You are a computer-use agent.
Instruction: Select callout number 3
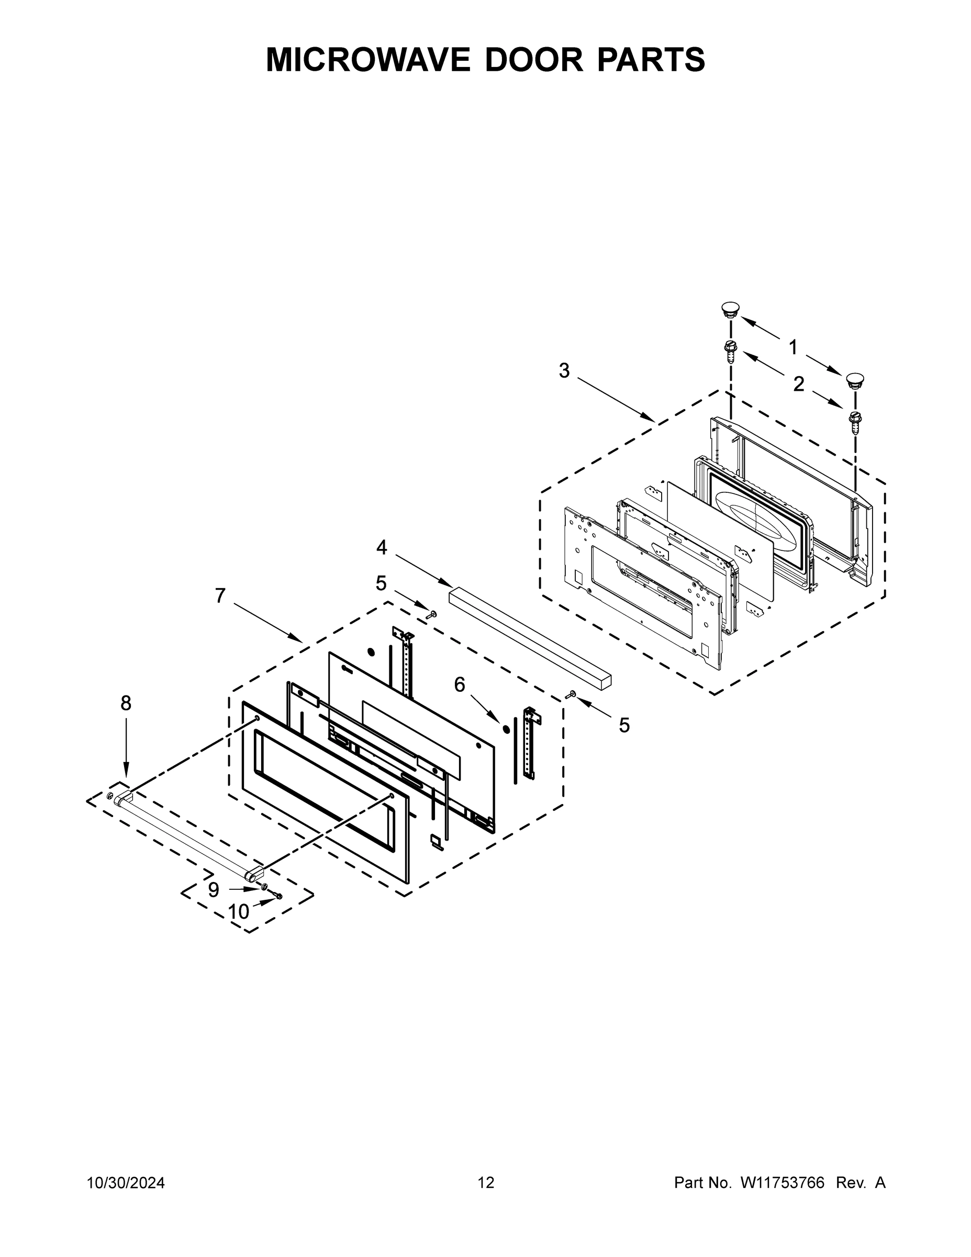point(564,371)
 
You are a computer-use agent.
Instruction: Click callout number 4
point(382,547)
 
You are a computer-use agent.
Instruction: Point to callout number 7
point(220,596)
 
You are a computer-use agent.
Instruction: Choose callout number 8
point(126,703)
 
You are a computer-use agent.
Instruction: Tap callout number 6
point(459,685)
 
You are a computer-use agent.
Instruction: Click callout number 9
point(214,890)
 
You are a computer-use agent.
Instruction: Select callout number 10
point(238,912)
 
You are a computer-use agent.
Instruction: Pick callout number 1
point(793,347)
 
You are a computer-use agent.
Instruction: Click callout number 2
point(798,384)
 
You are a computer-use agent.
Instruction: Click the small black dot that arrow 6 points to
point(506,729)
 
